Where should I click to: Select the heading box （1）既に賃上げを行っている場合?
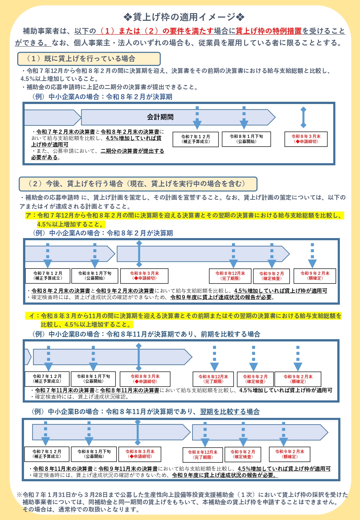click(x=89, y=59)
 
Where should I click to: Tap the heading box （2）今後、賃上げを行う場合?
click(x=138, y=184)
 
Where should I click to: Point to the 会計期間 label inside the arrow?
click(x=160, y=117)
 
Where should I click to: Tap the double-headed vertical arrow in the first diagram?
click(x=303, y=117)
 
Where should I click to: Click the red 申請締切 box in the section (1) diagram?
click(x=306, y=139)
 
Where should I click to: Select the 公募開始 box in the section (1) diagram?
click(x=246, y=139)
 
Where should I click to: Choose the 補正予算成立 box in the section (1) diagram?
click(x=196, y=139)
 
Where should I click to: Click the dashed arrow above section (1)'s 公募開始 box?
click(x=244, y=117)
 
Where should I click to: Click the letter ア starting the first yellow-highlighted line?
click(x=29, y=216)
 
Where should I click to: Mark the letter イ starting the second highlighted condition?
click(x=32, y=316)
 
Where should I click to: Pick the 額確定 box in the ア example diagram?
click(x=315, y=276)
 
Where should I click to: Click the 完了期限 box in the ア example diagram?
click(x=230, y=276)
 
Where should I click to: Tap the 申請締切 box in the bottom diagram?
click(x=140, y=454)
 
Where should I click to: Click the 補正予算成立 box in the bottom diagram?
click(x=47, y=454)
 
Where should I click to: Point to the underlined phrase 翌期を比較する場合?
click(x=230, y=412)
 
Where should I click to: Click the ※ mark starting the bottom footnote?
click(x=19, y=495)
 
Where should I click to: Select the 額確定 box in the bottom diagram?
click(x=290, y=454)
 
